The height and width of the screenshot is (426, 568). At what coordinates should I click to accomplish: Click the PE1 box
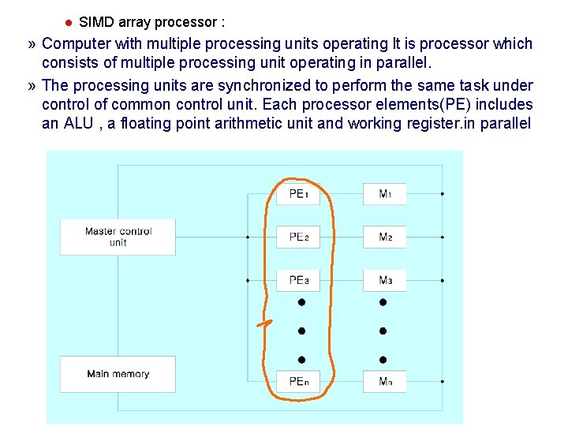298,193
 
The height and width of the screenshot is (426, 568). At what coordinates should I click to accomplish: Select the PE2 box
298,237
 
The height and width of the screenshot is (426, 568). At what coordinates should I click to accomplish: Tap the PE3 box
298,280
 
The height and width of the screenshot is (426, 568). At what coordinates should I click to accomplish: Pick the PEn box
298,382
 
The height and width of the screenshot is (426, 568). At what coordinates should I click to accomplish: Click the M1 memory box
385,193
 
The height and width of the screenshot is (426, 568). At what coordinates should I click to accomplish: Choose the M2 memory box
385,237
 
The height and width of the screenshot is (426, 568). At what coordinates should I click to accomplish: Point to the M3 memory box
385,280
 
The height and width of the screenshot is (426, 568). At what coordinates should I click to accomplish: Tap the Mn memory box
385,382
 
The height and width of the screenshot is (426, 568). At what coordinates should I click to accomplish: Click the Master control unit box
118,237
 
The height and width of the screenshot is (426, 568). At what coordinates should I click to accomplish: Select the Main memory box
118,374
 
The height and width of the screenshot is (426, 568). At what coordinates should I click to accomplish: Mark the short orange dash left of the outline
265,323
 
